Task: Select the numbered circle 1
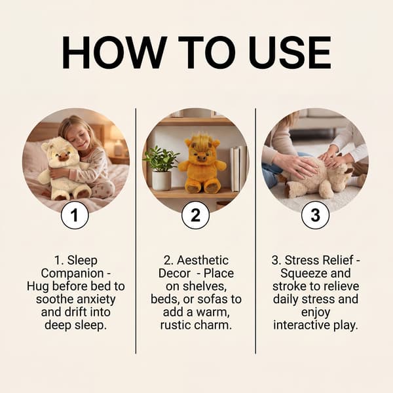[75, 215]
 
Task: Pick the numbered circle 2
[195, 215]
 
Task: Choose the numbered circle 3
[315, 215]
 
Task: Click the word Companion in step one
[73, 273]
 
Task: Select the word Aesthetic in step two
[203, 260]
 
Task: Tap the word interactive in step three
[304, 326]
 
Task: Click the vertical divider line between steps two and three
[255, 231]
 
